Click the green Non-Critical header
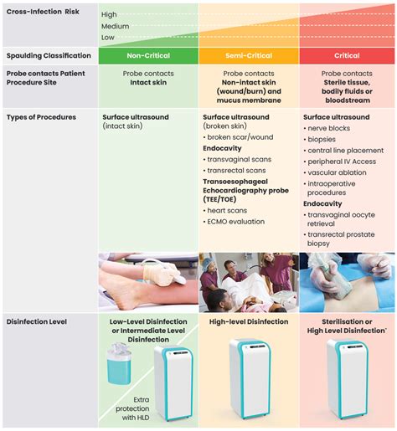coord(147,56)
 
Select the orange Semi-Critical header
coord(248,56)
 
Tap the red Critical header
coord(347,56)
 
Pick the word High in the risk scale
coord(109,15)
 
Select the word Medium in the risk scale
coord(115,26)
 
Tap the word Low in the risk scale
coord(108,37)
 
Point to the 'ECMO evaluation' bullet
coord(237,222)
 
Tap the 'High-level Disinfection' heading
coord(249,321)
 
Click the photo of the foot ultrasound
coord(147,282)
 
